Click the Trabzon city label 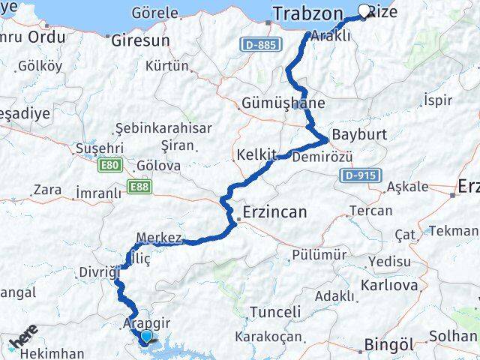(308, 13)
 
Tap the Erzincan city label (274, 212)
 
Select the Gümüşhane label (283, 103)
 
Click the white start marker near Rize (365, 11)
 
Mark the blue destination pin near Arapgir (145, 338)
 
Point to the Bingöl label (388, 345)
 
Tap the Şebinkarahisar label (163, 127)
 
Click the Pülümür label (319, 255)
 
